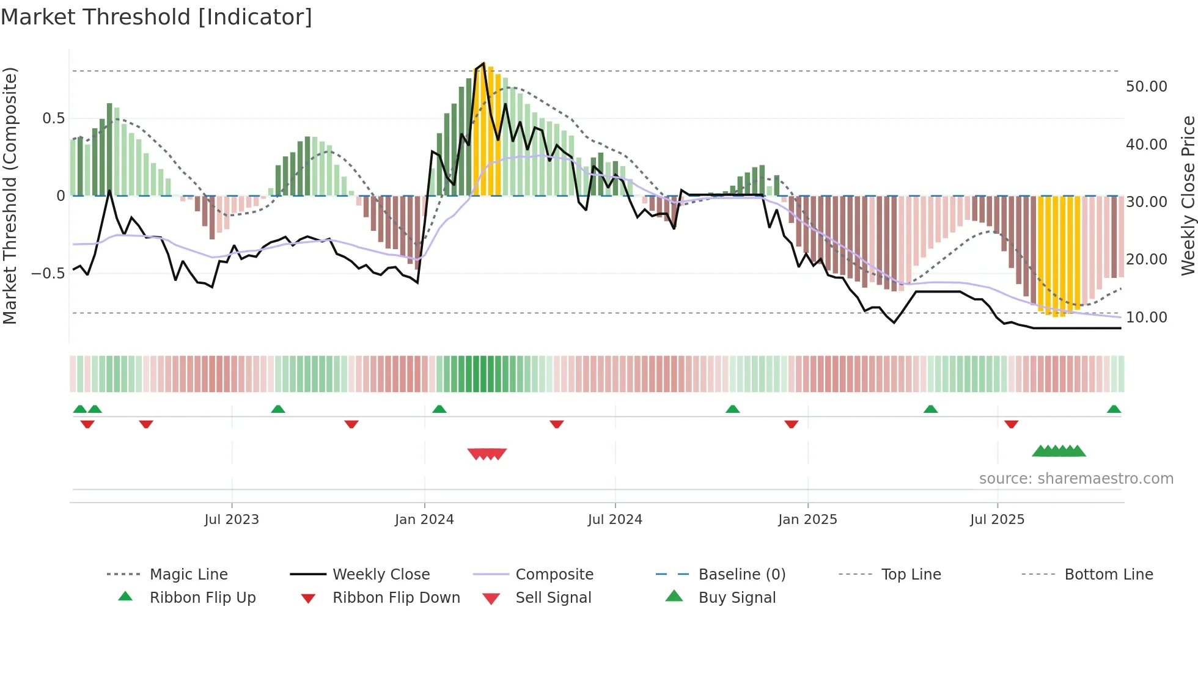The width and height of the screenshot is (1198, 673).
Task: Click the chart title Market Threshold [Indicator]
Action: coord(156,17)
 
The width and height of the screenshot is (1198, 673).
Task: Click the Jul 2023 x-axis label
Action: coord(232,520)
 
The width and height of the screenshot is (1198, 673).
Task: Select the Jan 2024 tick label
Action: coord(424,520)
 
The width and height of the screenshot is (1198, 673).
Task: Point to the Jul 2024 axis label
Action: coord(615,520)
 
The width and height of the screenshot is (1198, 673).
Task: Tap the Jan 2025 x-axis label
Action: coord(807,520)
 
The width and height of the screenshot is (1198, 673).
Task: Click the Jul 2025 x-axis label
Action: coord(997,520)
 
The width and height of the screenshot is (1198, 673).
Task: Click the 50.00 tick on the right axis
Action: coord(1146,87)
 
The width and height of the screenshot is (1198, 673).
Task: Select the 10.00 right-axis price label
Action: coord(1146,318)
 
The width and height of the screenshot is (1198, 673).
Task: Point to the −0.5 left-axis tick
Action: coord(48,273)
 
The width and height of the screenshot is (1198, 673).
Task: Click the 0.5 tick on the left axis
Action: coord(53,118)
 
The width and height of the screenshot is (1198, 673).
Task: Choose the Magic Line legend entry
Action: coord(188,575)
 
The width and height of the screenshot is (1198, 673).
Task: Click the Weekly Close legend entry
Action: coord(381,575)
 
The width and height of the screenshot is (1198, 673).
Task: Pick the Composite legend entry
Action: coord(554,575)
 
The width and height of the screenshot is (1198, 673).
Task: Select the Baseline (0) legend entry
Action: coord(741,575)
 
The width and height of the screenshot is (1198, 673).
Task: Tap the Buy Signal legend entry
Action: coord(737,598)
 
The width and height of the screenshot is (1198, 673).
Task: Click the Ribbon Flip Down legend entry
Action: coord(396,598)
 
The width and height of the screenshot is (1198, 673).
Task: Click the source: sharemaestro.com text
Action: coord(1076,479)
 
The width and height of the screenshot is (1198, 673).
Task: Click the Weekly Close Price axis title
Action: coord(1188,195)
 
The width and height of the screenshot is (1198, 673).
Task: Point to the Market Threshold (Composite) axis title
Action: coord(10,195)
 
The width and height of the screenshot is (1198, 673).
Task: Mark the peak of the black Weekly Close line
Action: coord(484,64)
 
